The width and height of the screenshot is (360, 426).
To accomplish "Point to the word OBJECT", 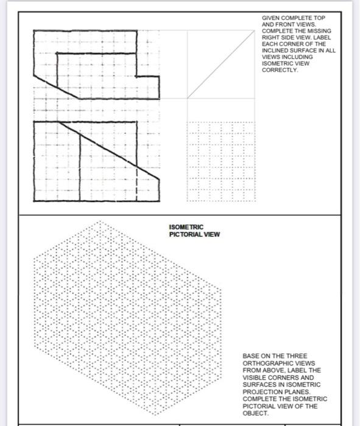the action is pyautogui.click(x=253, y=413).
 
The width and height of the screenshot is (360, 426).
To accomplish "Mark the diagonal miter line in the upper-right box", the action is pyautogui.click(x=220, y=65).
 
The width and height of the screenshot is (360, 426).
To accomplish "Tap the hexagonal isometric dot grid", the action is pyautogui.click(x=122, y=316).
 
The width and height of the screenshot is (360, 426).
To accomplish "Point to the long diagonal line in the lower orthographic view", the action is pyautogui.click(x=110, y=150).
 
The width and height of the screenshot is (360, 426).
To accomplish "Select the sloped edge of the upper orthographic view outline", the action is pyautogui.click(x=56, y=86).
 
